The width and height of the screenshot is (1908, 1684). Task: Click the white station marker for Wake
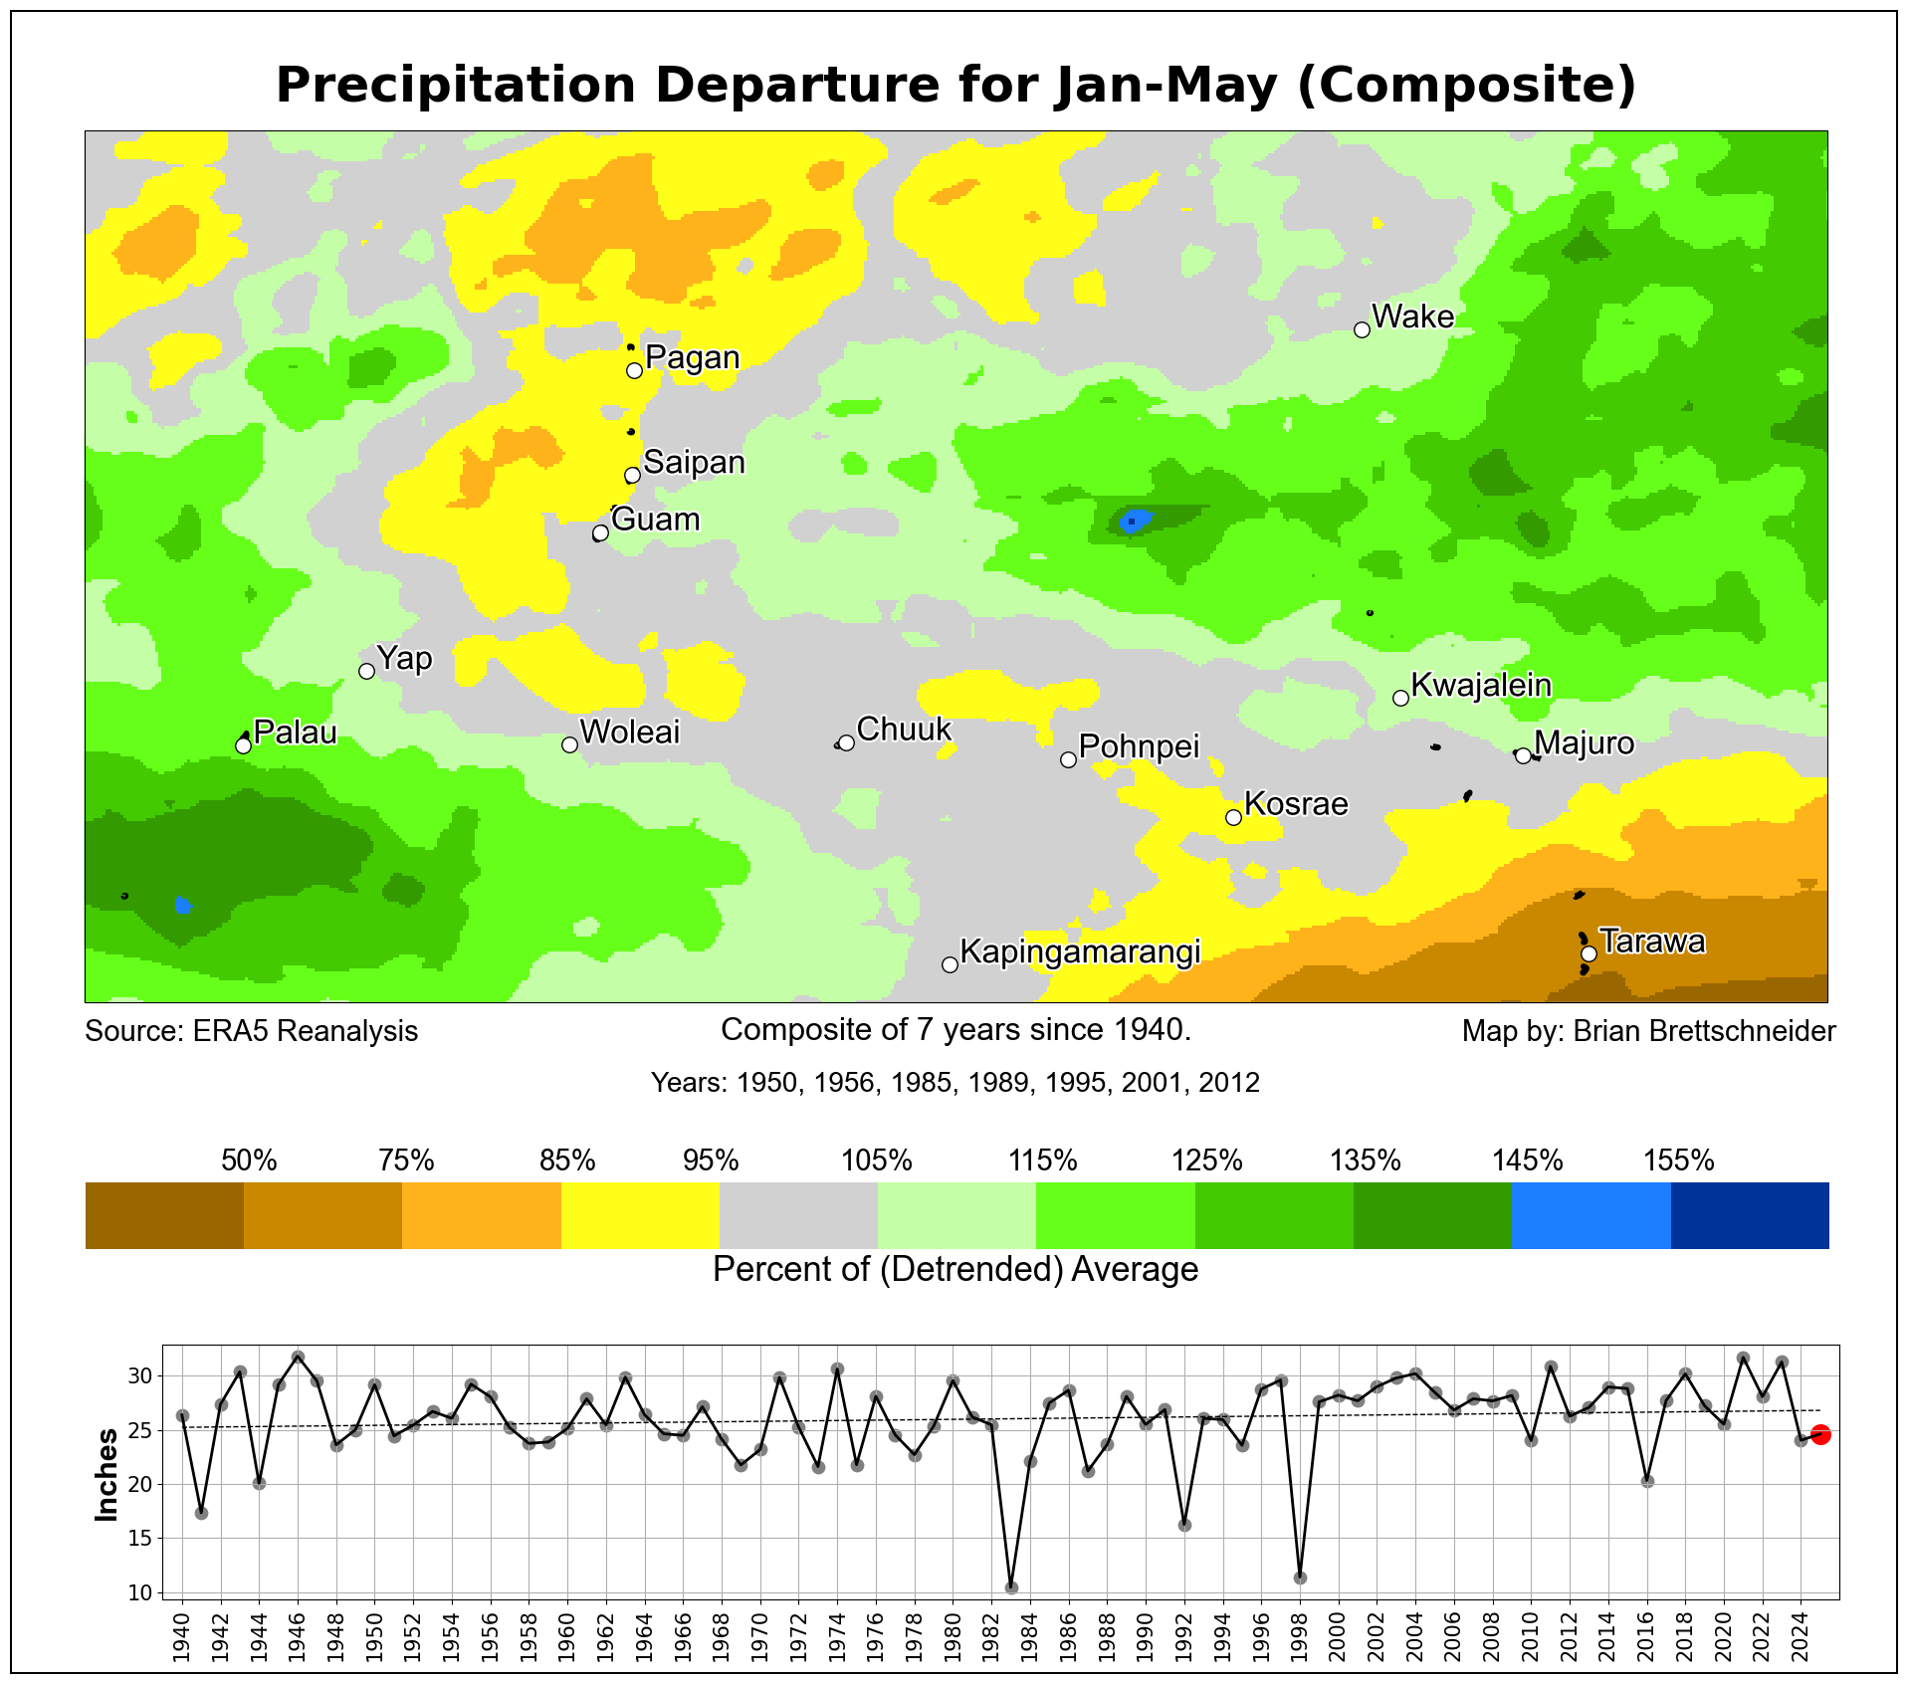click(x=1362, y=329)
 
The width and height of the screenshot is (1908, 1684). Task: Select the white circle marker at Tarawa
click(x=1589, y=953)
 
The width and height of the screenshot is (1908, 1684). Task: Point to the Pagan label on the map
click(x=692, y=357)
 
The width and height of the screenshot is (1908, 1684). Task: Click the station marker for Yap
click(x=366, y=671)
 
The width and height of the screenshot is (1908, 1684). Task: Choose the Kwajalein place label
click(x=1481, y=685)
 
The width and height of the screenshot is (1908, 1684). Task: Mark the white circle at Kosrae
click(x=1233, y=817)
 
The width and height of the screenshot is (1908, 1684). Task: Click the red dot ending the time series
click(x=1820, y=1434)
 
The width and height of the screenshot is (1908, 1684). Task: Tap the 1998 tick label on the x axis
click(x=1300, y=1631)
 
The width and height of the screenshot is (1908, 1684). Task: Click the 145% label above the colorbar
click(x=1527, y=1160)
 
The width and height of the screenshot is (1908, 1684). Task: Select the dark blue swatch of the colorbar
click(x=1749, y=1215)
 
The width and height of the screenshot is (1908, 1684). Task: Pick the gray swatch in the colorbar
click(x=798, y=1215)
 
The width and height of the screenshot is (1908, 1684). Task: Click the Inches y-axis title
click(x=106, y=1474)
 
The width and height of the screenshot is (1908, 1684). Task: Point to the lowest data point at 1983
click(x=1011, y=1587)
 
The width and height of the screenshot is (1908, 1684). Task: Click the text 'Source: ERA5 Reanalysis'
click(x=252, y=1031)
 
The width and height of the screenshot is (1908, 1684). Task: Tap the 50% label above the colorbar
click(x=249, y=1160)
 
